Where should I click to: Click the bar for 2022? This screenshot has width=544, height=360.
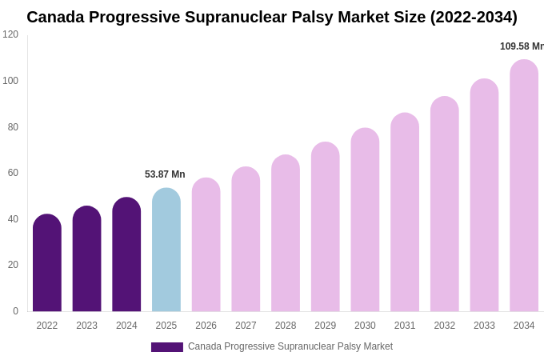[47, 263]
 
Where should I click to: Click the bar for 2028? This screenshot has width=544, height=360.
[286, 234]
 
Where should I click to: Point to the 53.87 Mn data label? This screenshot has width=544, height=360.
[165, 174]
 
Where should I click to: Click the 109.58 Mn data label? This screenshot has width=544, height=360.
[522, 46]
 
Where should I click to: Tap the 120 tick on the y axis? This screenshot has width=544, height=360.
[10, 34]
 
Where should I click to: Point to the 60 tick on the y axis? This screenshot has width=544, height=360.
[13, 173]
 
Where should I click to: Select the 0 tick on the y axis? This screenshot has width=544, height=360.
[15, 311]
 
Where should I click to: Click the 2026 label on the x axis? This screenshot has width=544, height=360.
[206, 326]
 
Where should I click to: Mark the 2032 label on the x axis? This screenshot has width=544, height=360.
[444, 326]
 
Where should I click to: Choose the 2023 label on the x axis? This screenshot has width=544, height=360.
[86, 326]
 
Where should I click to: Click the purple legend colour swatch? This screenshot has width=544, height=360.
[166, 347]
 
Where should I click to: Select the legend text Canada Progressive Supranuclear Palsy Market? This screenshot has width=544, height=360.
[290, 346]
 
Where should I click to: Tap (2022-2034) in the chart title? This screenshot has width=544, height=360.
[474, 17]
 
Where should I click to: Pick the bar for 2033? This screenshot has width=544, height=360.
[484, 195]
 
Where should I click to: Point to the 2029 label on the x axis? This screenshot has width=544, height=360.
[325, 326]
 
